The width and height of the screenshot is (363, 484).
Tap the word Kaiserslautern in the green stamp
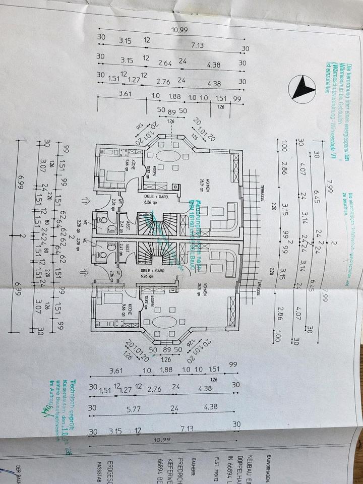[69, 403]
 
